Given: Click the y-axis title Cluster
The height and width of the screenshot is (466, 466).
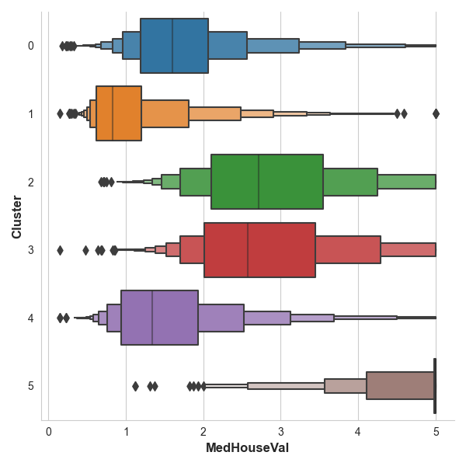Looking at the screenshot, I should click(16, 216).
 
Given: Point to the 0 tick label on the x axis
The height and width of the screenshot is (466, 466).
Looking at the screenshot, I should click(49, 431).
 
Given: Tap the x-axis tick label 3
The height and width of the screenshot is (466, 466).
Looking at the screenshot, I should click(281, 431).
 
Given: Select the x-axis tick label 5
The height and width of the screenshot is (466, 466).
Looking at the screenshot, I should click(436, 431).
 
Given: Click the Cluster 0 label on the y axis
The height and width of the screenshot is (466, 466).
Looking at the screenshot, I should click(30, 46).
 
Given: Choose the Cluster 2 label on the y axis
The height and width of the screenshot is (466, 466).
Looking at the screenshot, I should click(30, 182).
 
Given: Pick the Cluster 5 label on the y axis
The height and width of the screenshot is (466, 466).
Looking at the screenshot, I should click(30, 386).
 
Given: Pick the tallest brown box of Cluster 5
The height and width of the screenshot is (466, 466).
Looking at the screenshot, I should click(400, 386).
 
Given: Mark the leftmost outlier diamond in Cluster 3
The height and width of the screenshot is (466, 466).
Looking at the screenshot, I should click(60, 250).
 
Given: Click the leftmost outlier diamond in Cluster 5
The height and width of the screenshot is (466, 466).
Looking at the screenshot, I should click(135, 386).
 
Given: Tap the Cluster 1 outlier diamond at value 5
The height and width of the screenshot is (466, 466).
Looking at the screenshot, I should click(436, 113).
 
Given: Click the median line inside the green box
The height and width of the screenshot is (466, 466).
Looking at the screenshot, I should click(259, 182).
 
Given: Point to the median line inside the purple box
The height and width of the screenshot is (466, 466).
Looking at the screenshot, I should click(152, 318).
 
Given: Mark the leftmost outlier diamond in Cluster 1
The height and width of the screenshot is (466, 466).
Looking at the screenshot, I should click(60, 113).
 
